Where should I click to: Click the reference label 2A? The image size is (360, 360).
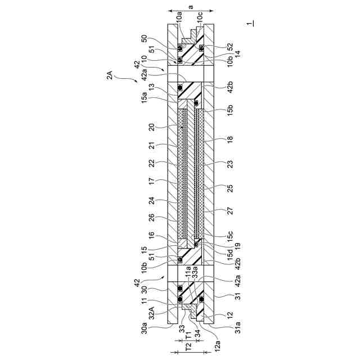(x=110, y=75)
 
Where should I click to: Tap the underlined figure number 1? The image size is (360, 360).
(x=250, y=23)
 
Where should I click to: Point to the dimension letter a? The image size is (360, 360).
(x=191, y=7)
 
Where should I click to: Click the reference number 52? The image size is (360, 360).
(x=230, y=47)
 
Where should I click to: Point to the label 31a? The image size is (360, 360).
(x=237, y=327)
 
